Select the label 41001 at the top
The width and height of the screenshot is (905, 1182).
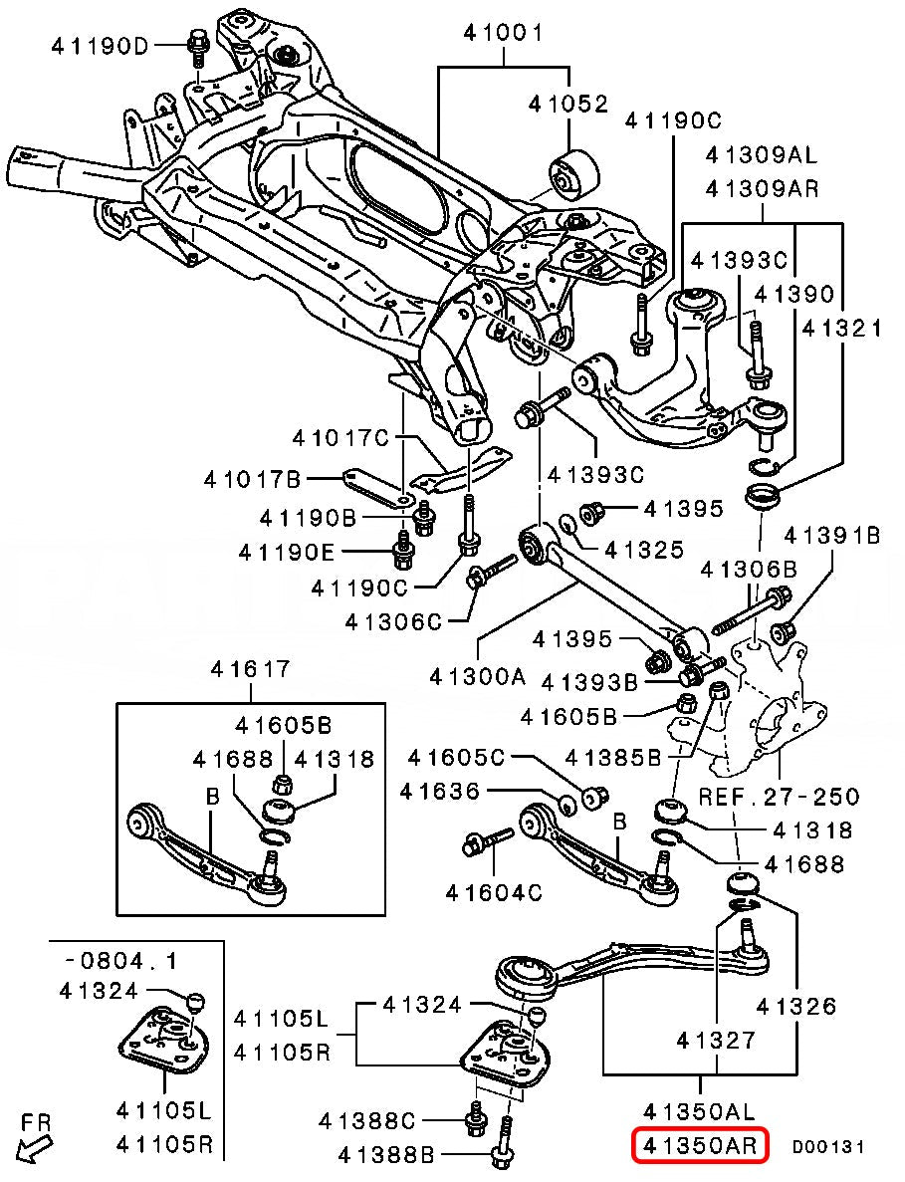click(503, 33)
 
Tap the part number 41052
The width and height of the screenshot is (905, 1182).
click(567, 103)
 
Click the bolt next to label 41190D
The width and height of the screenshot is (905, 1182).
click(195, 44)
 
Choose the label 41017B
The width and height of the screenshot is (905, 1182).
click(252, 480)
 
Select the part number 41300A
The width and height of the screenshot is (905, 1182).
click(477, 677)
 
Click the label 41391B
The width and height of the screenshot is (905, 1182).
click(831, 536)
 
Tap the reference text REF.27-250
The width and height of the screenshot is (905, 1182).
click(779, 797)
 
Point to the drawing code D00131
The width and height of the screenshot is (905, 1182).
click(827, 1147)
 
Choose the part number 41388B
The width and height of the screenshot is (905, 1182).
click(387, 1155)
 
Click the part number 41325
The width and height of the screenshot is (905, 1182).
click(644, 549)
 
